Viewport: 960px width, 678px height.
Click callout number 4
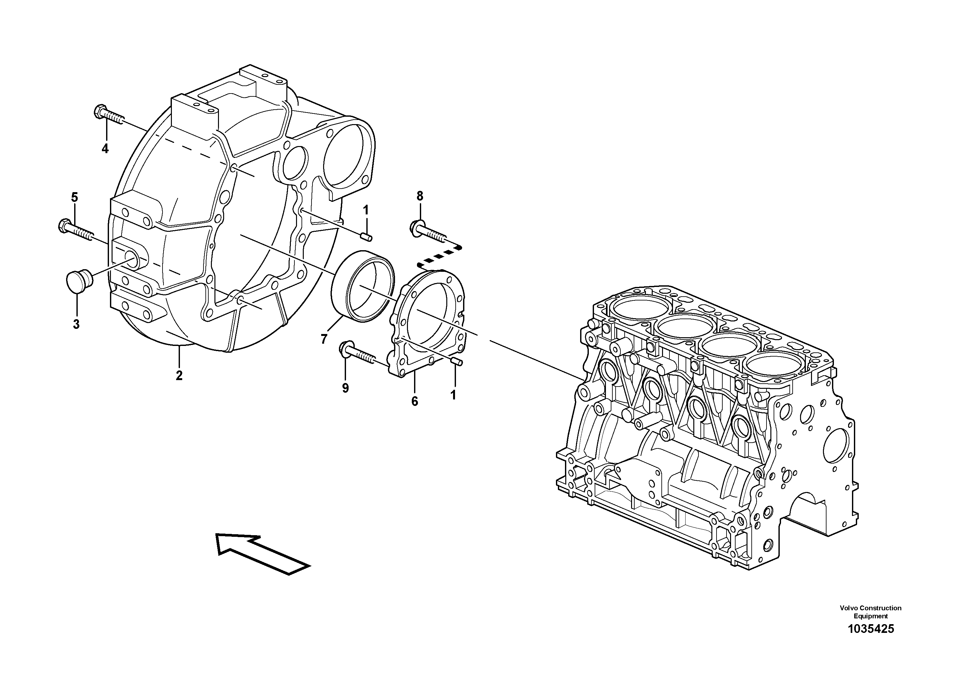(105, 148)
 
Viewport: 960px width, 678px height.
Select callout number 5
(74, 197)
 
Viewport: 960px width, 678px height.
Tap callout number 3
(76, 324)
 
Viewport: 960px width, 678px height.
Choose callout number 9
(345, 388)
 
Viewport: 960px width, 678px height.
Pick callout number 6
(414, 401)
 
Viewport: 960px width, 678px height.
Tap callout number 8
(420, 196)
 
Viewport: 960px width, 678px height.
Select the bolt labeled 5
(75, 230)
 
